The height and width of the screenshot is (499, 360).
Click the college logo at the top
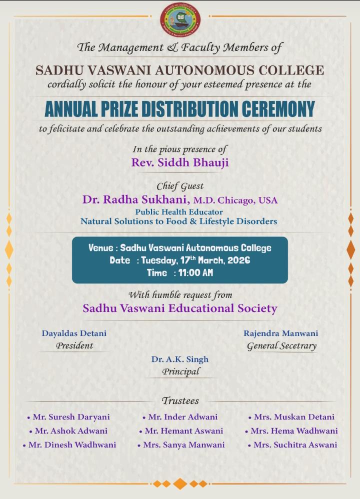pyautogui.click(x=180, y=20)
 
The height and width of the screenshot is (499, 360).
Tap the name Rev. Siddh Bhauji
pyautogui.click(x=180, y=162)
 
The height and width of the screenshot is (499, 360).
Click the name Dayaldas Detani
pyautogui.click(x=74, y=333)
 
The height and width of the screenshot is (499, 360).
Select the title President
pyautogui.click(x=74, y=345)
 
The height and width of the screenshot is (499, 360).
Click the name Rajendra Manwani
pyautogui.click(x=281, y=333)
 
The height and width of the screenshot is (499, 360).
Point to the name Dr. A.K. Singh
pyautogui.click(x=180, y=359)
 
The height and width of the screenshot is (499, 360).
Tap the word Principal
pyautogui.click(x=180, y=371)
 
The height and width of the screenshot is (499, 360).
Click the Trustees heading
pyautogui.click(x=180, y=400)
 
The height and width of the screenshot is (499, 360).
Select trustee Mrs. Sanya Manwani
pyautogui.click(x=184, y=444)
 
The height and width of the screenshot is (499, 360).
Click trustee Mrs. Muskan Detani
pyautogui.click(x=294, y=417)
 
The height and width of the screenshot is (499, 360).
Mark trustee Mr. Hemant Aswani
pyautogui.click(x=184, y=430)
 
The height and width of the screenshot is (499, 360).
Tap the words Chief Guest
pyautogui.click(x=180, y=186)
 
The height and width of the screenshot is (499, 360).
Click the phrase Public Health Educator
pyautogui.click(x=179, y=212)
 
